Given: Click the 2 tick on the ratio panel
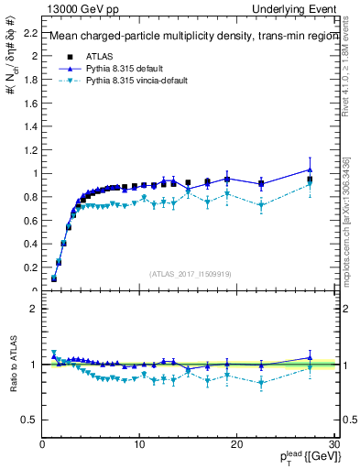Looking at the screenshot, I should point(35,309).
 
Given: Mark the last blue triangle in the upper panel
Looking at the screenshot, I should point(310,169).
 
